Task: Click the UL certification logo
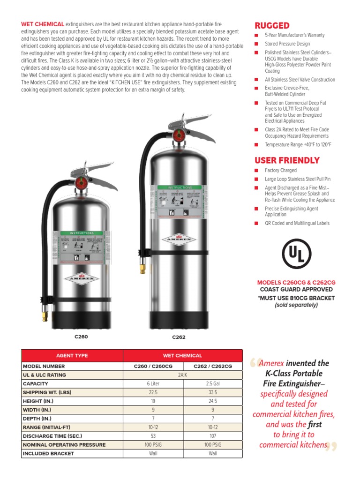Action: (x=296, y=254)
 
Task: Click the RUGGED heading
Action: (x=272, y=25)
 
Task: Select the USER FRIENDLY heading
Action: (x=287, y=160)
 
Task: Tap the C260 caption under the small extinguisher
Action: (x=81, y=337)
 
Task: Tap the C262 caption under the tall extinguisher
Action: (x=179, y=337)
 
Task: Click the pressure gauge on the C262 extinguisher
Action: (x=178, y=135)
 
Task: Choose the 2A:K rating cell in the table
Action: (x=183, y=375)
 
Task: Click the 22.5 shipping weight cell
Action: (x=153, y=392)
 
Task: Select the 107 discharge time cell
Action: (x=213, y=436)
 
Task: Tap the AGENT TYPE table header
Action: (x=72, y=356)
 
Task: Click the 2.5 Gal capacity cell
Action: (x=213, y=384)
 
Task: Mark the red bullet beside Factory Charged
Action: (x=256, y=171)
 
